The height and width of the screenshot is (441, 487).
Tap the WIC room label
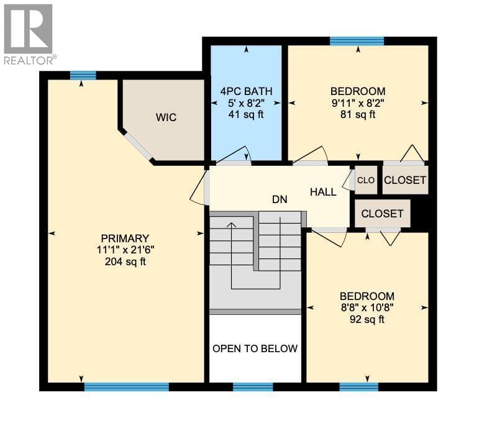(x=166, y=117)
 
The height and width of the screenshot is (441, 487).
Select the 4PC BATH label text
(x=246, y=91)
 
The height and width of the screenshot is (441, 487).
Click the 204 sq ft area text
(x=125, y=262)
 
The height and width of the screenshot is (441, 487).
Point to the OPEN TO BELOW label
(x=255, y=348)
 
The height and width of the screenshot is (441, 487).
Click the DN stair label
(x=280, y=199)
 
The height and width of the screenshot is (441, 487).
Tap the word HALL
(x=323, y=192)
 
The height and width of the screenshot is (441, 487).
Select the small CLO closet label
(x=366, y=180)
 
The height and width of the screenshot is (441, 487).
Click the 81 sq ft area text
(x=358, y=114)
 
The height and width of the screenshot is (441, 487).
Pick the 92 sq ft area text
(x=366, y=319)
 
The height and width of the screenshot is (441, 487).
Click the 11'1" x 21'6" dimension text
(x=125, y=250)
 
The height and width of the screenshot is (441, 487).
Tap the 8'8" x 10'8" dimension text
(x=367, y=308)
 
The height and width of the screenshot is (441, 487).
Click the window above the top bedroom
(x=357, y=41)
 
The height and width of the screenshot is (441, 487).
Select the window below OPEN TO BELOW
(x=253, y=387)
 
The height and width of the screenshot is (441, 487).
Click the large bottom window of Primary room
(x=127, y=387)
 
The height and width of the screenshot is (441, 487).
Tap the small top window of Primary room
(x=83, y=76)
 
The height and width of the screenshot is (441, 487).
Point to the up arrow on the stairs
(x=231, y=225)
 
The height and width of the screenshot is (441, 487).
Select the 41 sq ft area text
(x=246, y=114)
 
